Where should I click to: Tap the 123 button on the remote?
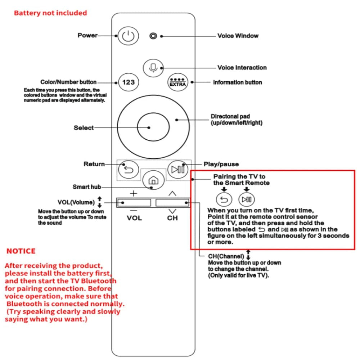click(129, 82)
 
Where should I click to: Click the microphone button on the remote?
click(153, 67)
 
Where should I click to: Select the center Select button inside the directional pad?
click(153, 127)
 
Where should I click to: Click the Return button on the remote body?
click(129, 169)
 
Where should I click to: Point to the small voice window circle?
click(153, 36)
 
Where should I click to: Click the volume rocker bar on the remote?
click(134, 202)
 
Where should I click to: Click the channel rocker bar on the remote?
click(172, 202)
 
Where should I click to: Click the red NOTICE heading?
click(21, 251)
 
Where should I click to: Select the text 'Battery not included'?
click(50, 13)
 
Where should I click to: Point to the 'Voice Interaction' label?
click(242, 68)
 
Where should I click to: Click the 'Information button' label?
click(237, 82)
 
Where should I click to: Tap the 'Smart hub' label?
click(86, 187)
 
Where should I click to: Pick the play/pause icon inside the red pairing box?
click(247, 199)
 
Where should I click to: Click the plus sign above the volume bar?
click(134, 193)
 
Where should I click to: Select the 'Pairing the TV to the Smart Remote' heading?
click(241, 180)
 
